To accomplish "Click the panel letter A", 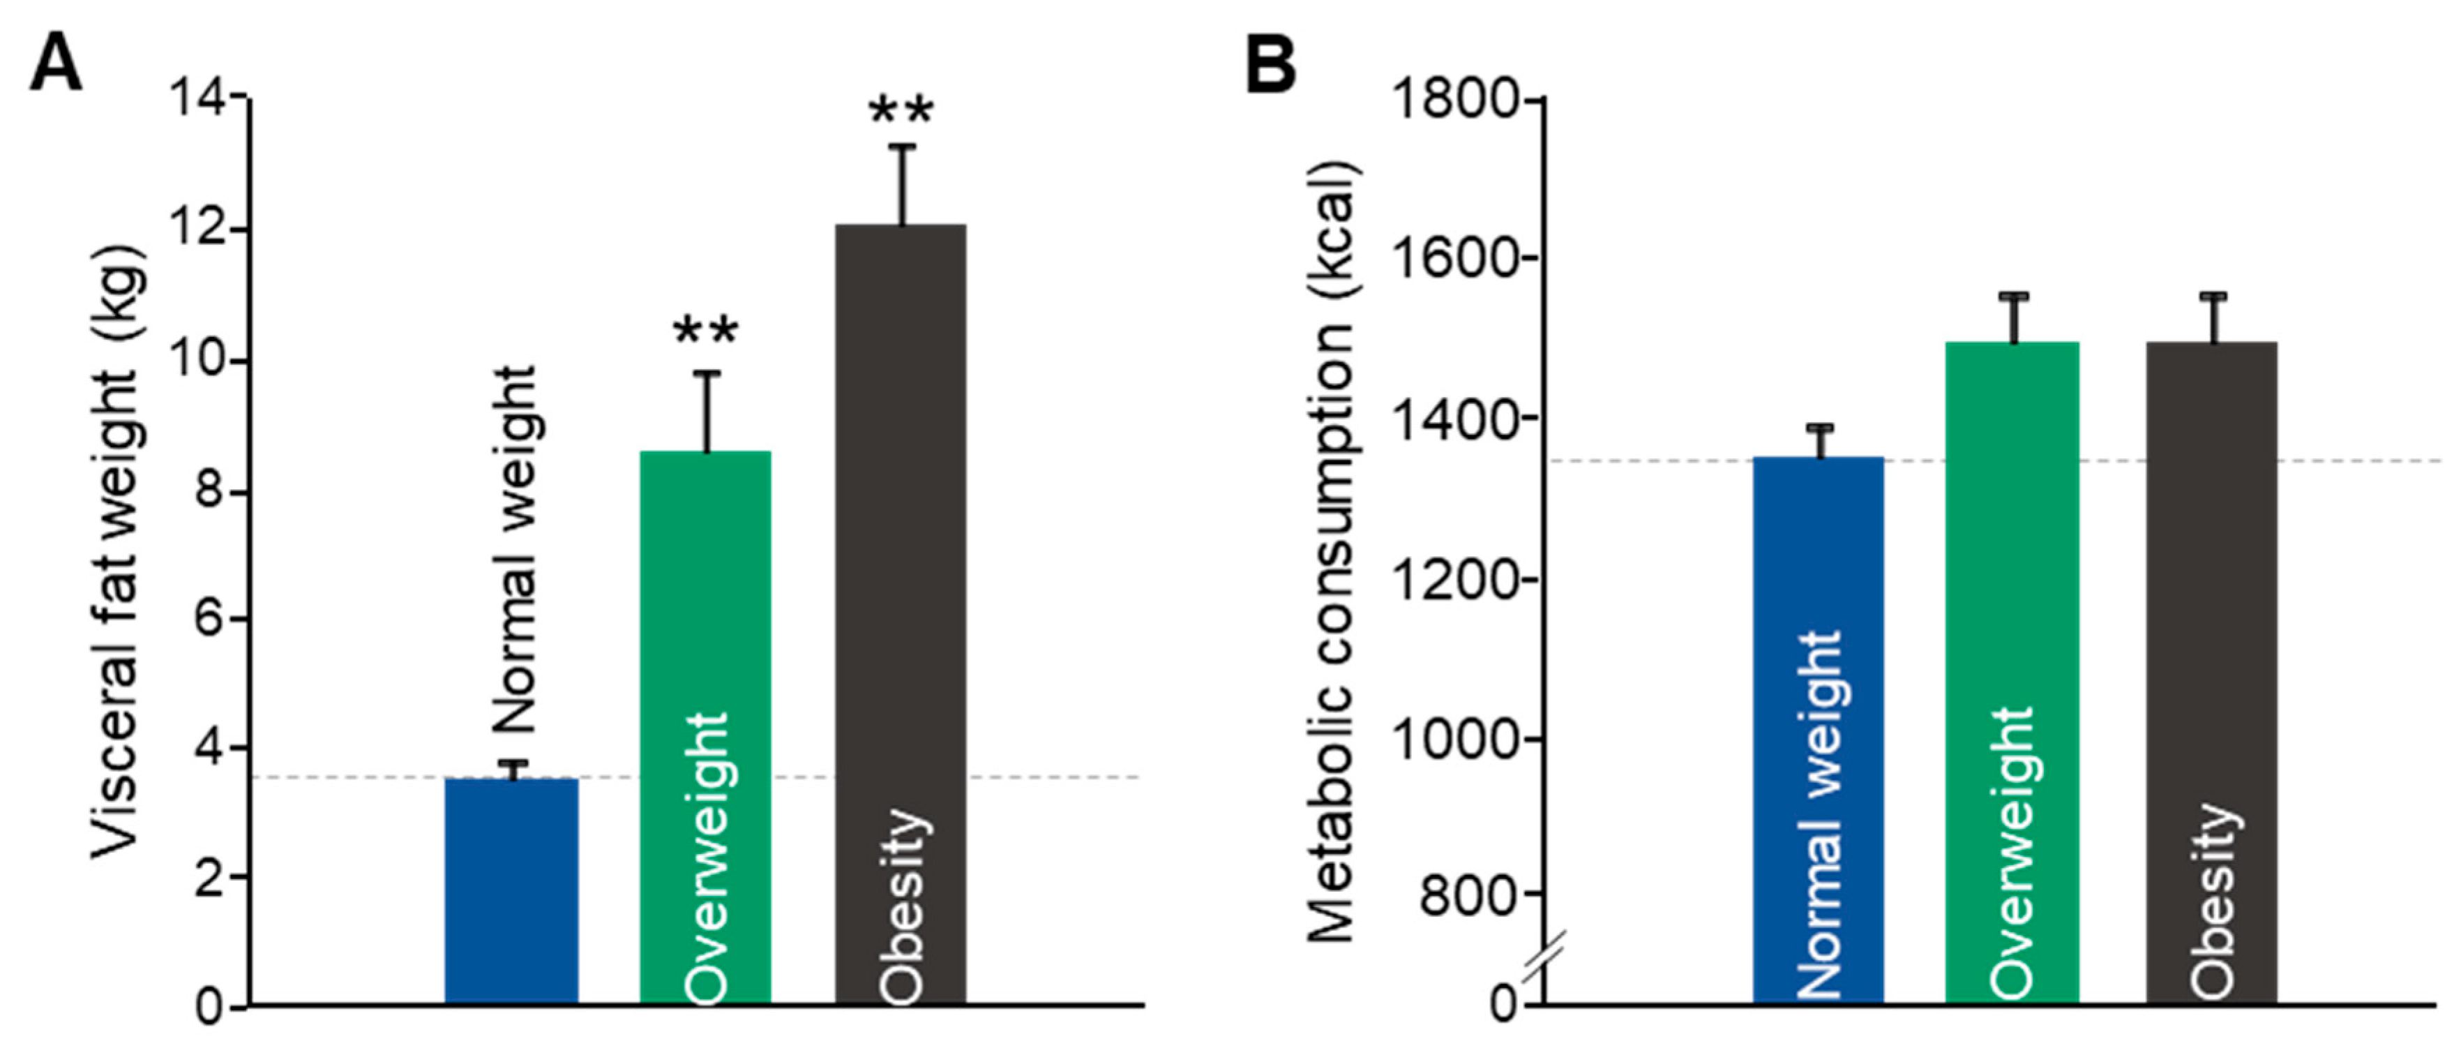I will pyautogui.click(x=54, y=65).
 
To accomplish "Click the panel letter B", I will pyautogui.click(x=1272, y=65).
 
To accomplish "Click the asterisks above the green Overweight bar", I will pyautogui.click(x=705, y=332).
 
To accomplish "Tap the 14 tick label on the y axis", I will pyautogui.click(x=198, y=98).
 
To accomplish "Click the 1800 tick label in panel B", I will pyautogui.click(x=1454, y=98).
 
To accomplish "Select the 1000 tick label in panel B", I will pyautogui.click(x=1454, y=738).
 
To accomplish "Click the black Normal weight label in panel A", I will pyautogui.click(x=517, y=549).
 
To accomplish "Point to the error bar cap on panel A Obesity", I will pyautogui.click(x=901, y=146).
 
